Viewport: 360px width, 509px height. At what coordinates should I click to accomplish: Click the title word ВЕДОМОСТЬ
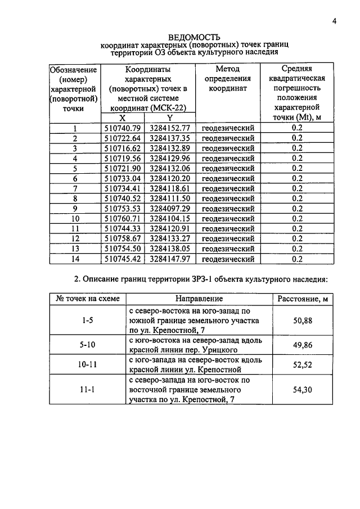click(189, 36)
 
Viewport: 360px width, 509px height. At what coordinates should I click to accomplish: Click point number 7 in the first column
click(74, 188)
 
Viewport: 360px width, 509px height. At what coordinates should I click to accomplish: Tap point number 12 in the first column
click(75, 238)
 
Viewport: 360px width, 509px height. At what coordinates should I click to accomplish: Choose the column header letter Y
click(169, 118)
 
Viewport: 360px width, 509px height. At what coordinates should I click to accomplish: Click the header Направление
click(199, 299)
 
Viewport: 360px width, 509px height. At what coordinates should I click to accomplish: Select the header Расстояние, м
click(303, 299)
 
